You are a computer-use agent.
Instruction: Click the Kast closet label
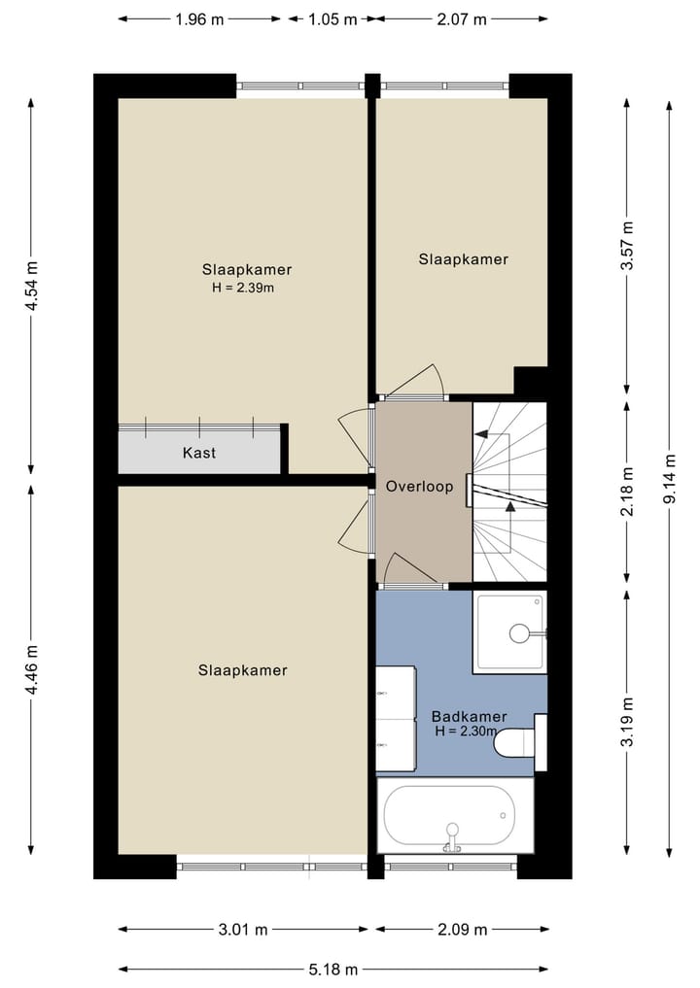coord(199,453)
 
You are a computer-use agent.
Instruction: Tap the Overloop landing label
coord(419,487)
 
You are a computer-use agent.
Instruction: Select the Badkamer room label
coord(469,717)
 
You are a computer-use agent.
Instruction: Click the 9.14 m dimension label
coord(669,478)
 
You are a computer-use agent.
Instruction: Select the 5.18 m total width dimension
coord(332,970)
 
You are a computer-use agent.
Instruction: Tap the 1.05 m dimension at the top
coord(328,18)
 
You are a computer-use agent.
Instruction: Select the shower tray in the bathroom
coord(510,632)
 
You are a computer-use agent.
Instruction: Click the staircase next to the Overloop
coord(508,493)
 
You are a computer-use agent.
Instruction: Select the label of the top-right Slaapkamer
coord(464,259)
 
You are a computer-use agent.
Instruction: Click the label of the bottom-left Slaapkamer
coord(243,670)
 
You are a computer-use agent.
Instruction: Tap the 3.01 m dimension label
coord(243,930)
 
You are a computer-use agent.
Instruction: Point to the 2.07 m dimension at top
coord(463,18)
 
